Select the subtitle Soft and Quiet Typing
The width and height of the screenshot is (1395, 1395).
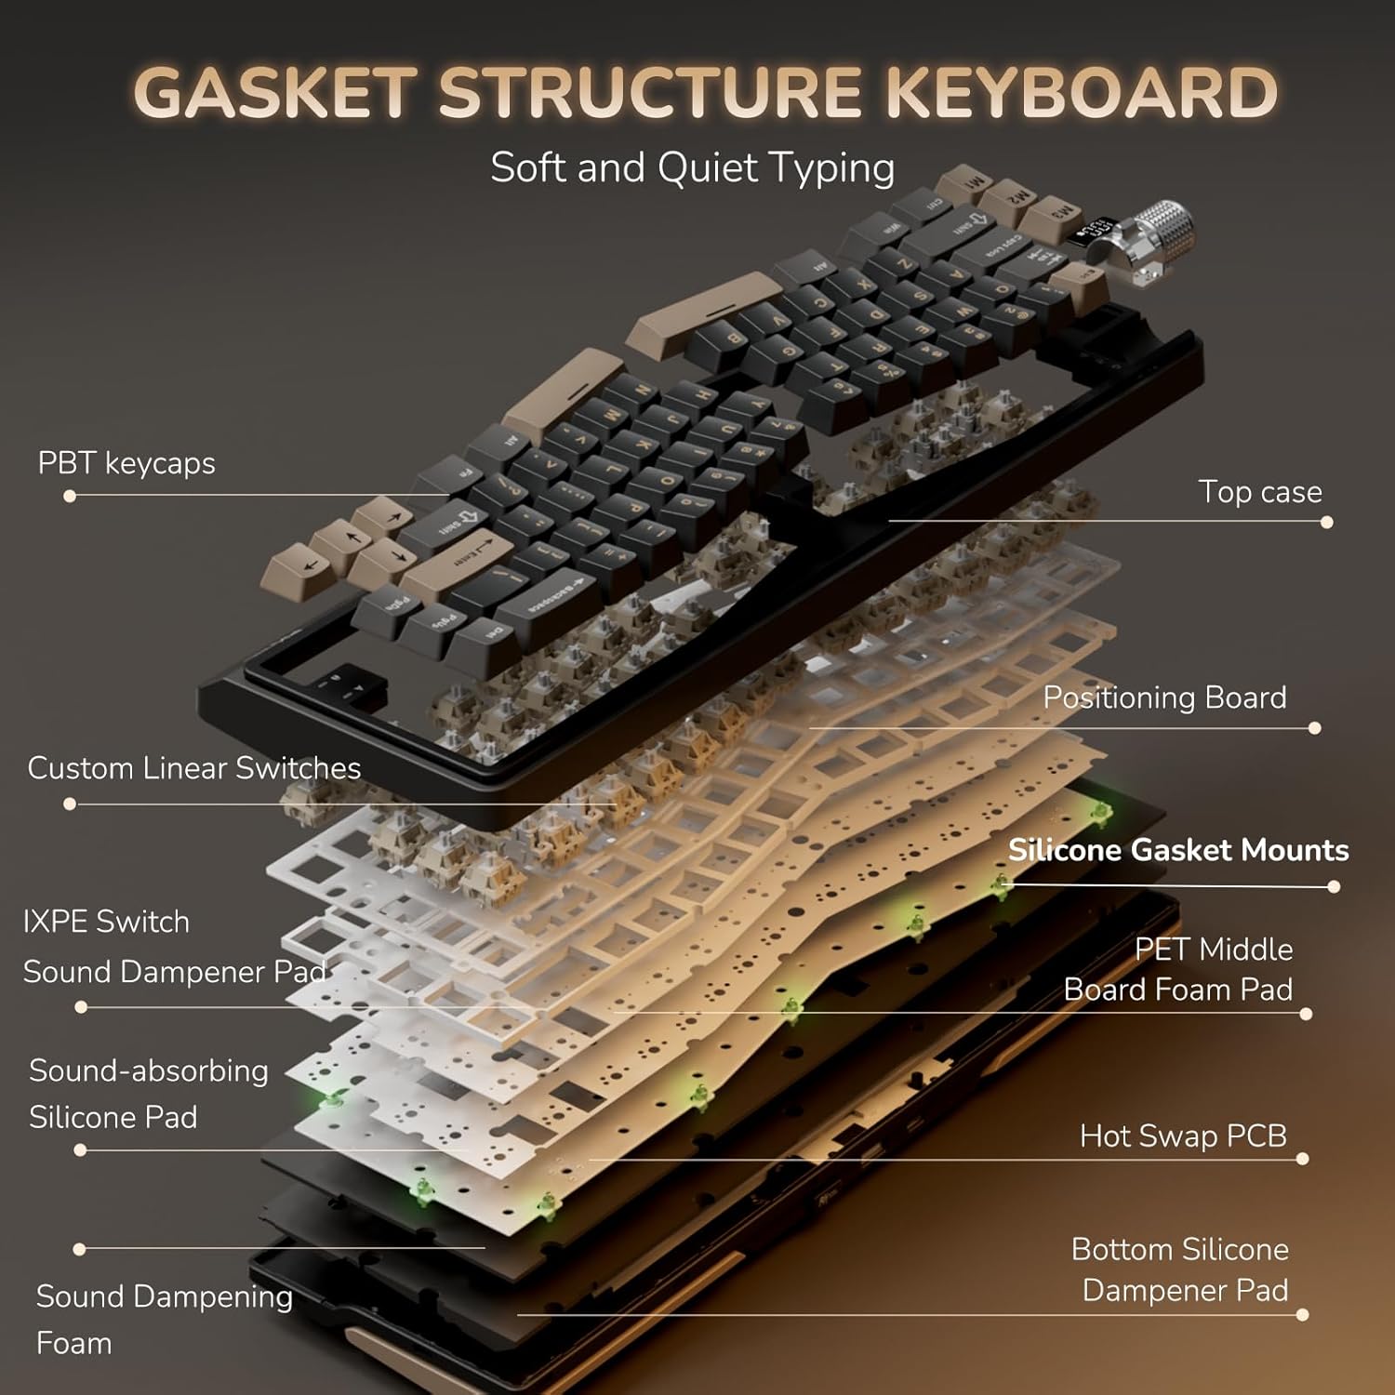[x=692, y=168]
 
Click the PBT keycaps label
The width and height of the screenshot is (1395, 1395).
[x=126, y=463]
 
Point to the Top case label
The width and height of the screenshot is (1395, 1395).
[x=1259, y=492]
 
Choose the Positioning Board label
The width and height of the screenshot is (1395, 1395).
[x=1164, y=697]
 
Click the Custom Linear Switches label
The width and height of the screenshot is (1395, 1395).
[x=193, y=768]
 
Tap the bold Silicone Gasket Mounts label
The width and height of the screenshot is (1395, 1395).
[x=1177, y=850]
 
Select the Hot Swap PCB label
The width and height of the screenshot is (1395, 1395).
[x=1183, y=1136]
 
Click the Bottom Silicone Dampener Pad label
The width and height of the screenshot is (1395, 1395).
[x=1181, y=1269]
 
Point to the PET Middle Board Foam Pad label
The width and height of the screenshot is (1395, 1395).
[x=1179, y=969]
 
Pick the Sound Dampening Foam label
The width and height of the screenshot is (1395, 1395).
[x=164, y=1319]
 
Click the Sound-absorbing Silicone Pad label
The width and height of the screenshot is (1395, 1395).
[x=149, y=1094]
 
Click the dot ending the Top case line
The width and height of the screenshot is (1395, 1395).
[x=1327, y=523]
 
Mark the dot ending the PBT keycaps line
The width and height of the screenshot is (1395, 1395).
[x=70, y=497]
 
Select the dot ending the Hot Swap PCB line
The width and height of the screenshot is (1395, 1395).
[x=1302, y=1159]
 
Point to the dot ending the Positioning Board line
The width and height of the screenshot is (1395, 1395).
[x=1314, y=728]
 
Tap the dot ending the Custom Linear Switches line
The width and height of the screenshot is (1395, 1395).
[x=70, y=804]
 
